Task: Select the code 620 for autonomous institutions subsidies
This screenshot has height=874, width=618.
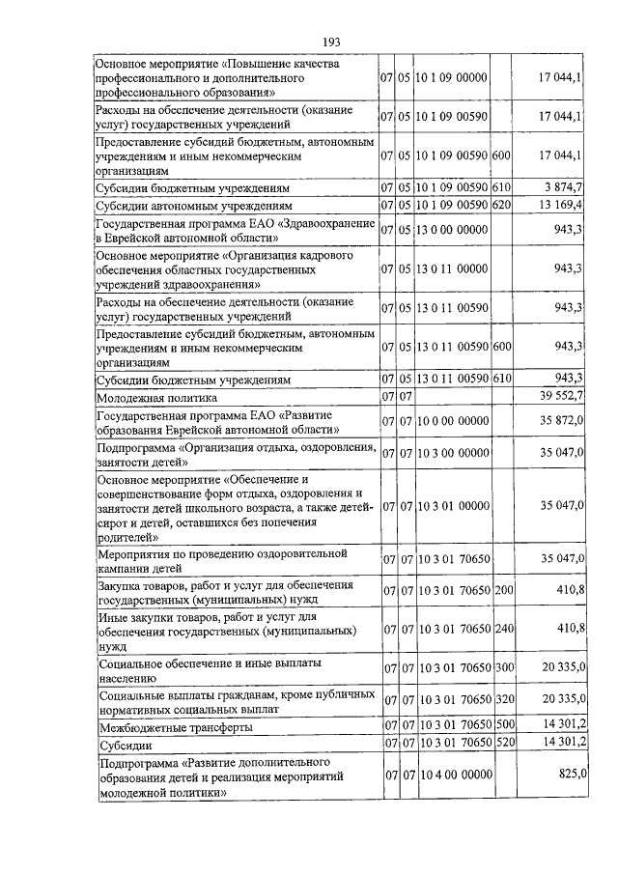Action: coord(500,206)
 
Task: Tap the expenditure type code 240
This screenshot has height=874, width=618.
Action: coord(501,628)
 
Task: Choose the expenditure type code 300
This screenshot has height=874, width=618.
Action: coord(501,668)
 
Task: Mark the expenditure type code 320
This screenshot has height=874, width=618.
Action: coord(501,698)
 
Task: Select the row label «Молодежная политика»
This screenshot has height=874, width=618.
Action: coord(155,397)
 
